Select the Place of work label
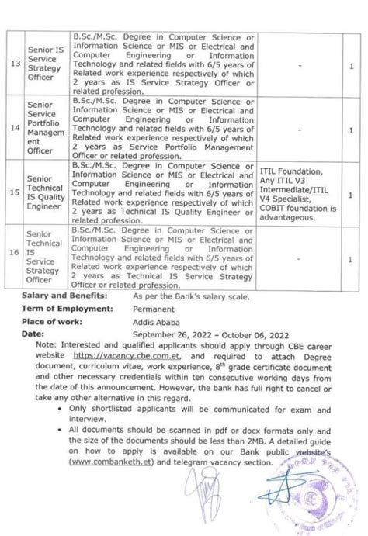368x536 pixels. (x=52, y=321)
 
